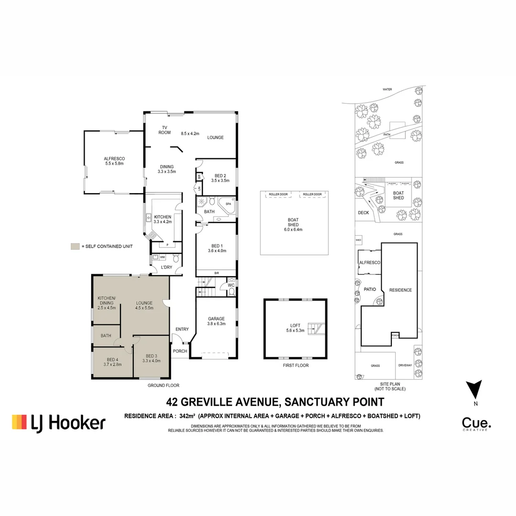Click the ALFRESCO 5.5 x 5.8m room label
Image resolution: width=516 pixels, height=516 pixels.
[114, 161]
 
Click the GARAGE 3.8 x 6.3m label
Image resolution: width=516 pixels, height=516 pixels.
[216, 321]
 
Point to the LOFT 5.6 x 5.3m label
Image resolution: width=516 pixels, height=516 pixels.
[295, 328]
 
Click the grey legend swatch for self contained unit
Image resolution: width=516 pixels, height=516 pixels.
[75, 247]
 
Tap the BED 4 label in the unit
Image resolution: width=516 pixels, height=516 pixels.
[113, 362]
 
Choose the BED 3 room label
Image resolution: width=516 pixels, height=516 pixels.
[151, 358]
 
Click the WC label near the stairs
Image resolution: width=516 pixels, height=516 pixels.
[231, 286]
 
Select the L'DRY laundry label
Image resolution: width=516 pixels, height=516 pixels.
[166, 267]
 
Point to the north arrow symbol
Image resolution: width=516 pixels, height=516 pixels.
[474, 389]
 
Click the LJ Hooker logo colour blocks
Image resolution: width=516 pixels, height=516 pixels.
[20, 422]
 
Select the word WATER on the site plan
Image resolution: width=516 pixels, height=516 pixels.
[387, 89]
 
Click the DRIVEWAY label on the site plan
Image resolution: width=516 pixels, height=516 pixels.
[405, 365]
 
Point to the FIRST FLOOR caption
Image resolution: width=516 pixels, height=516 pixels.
[295, 365]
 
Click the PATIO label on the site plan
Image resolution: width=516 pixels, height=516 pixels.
[370, 289]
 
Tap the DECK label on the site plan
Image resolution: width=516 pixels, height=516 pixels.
[363, 213]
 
